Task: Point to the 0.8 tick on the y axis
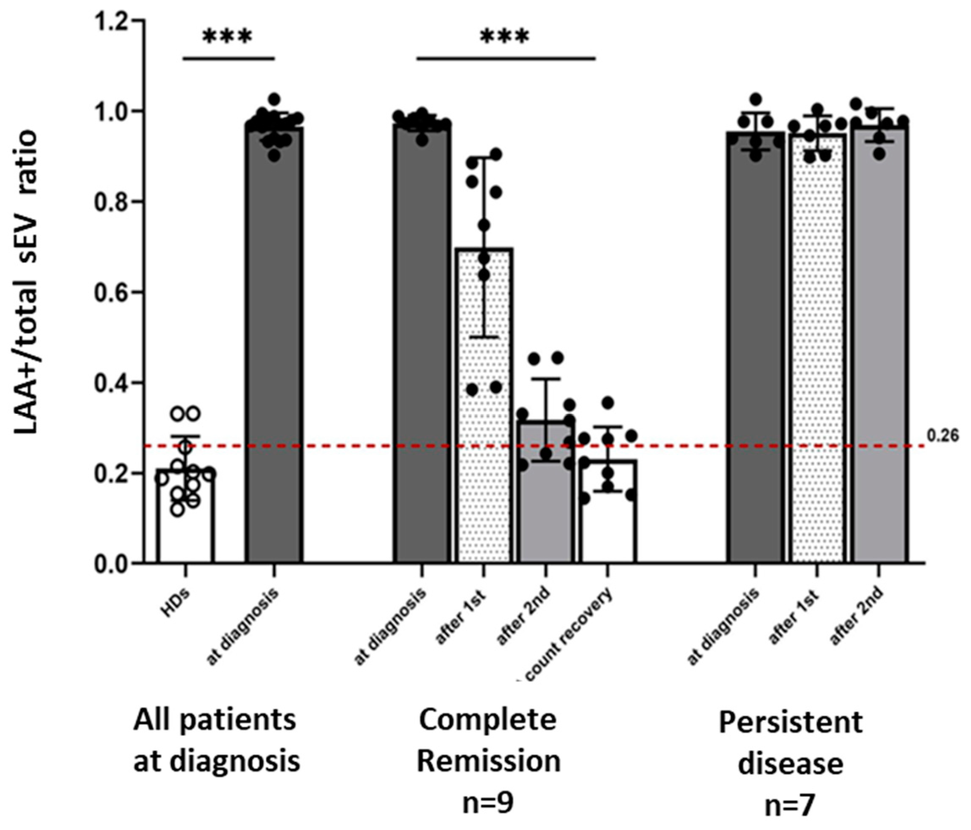111,202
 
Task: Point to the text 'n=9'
487,803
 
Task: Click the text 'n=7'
790,805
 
